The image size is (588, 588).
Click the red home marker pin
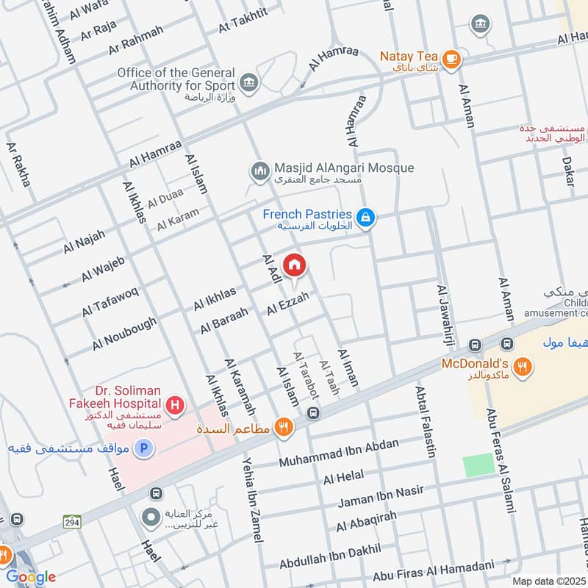[x=294, y=265]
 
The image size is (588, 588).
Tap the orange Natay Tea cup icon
[x=451, y=57]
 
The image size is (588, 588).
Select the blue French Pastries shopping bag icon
[x=365, y=218]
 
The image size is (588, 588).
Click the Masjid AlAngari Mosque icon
[x=259, y=172]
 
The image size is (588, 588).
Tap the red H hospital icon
[x=175, y=404]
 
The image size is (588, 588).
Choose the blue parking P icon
[x=144, y=448]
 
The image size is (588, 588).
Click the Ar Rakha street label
[x=20, y=164]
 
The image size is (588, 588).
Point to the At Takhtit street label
[x=243, y=25]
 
